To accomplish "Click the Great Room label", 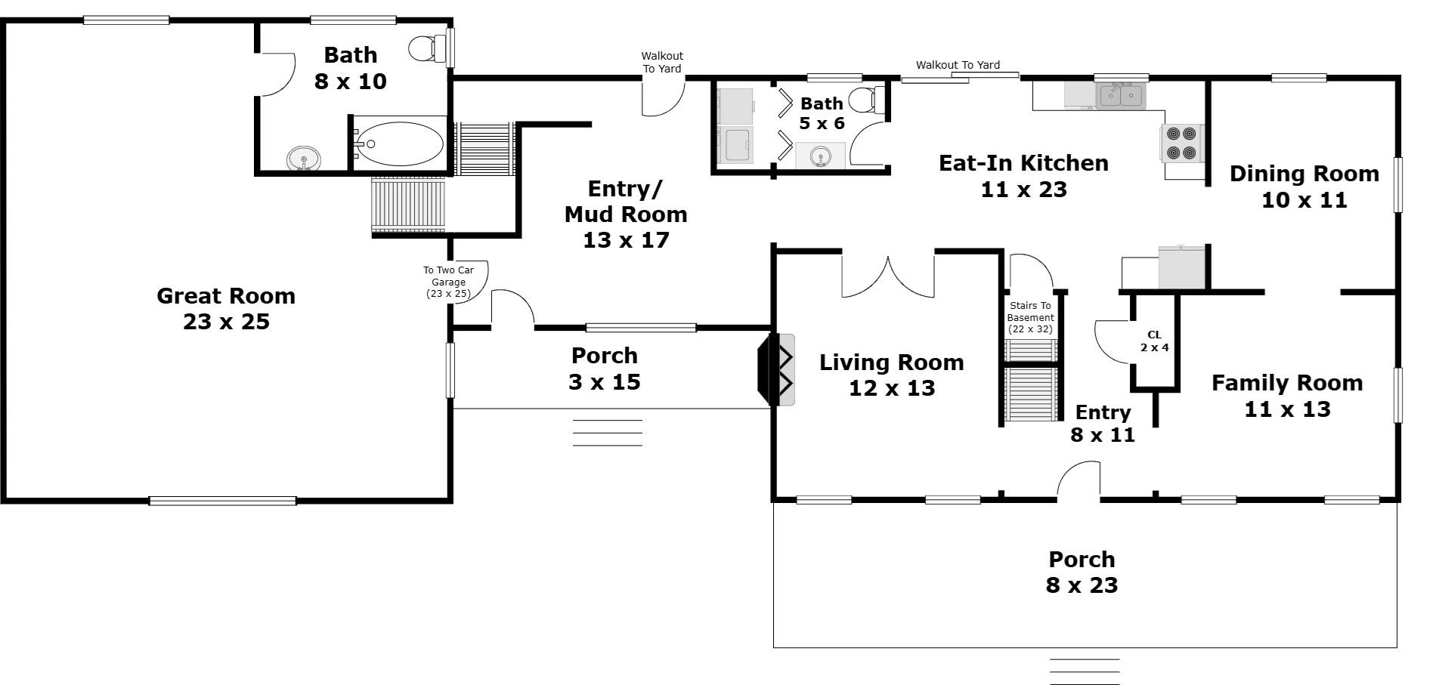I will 226,308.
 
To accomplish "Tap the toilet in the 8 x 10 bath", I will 427,48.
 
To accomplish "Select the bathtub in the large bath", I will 400,143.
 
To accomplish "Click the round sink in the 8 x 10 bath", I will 304,159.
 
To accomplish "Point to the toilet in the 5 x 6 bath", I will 866,100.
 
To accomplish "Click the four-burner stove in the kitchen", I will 1181,143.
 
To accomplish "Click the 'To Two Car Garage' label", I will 448,282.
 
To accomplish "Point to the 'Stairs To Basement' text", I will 1030,317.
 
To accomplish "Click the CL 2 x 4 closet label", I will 1154,341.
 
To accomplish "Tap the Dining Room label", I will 1304,187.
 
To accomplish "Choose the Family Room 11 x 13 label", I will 1287,396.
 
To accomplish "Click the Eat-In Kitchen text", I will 1023,175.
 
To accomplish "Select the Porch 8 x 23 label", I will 1081,572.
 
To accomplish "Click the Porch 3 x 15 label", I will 605,369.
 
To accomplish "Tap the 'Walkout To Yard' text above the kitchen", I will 958,65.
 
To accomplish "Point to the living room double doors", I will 888,276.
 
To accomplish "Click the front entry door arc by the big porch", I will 1078,480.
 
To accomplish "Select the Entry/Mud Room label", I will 626,214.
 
